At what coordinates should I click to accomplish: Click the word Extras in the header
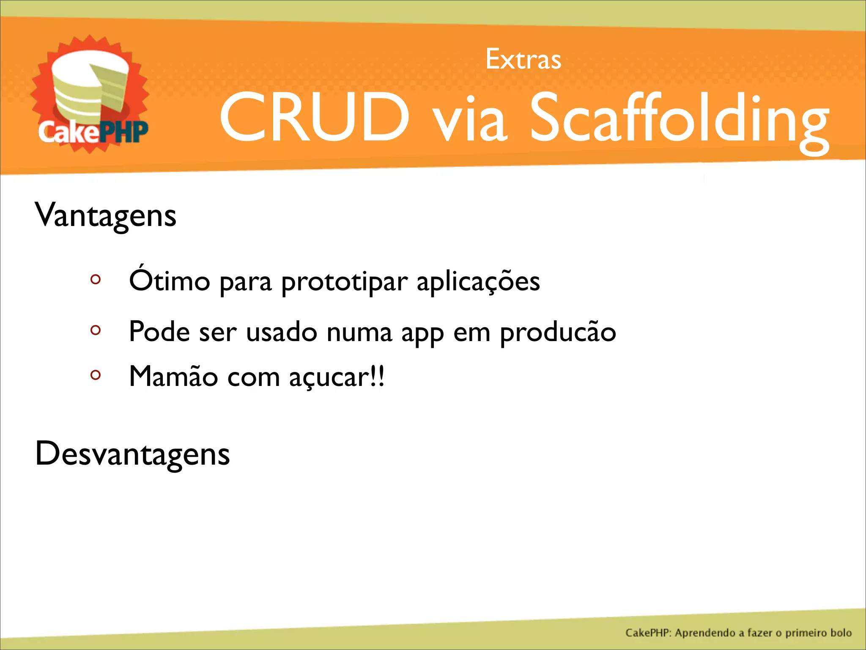523,60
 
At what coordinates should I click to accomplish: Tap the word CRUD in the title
314,117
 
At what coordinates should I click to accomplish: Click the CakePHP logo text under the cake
93,132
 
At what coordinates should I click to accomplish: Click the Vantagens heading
105,215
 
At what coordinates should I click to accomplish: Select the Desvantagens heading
132,454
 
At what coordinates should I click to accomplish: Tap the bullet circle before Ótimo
96,279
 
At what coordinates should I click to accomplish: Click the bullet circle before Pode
96,330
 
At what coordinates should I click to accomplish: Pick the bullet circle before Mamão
96,375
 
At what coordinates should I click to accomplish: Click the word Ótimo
170,280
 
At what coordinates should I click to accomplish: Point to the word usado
281,332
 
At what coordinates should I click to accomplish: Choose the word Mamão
173,376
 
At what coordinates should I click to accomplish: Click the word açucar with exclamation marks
337,377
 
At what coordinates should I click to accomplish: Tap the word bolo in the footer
841,633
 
